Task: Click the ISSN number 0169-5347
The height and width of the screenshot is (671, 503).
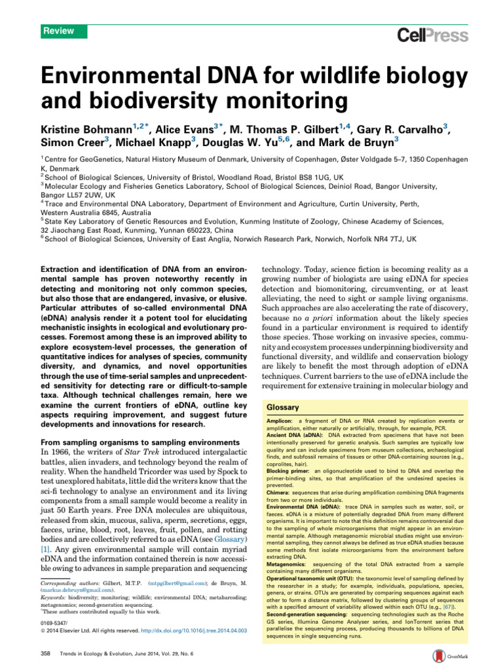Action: [x=54, y=621]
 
